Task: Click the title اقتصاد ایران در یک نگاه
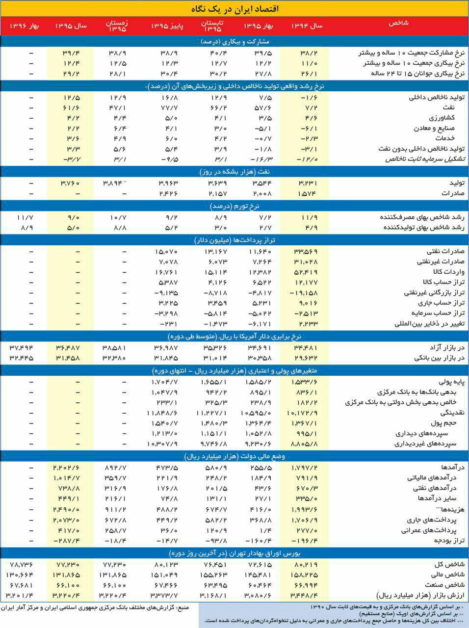tap(234, 8)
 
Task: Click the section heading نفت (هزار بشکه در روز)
tap(235, 172)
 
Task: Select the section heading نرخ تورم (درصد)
tap(235, 206)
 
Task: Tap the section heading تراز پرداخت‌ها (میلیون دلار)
tap(235, 240)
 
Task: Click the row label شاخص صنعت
tap(440, 585)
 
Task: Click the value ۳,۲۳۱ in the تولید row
tap(307, 183)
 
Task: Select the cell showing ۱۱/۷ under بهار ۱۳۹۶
tap(25, 216)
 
